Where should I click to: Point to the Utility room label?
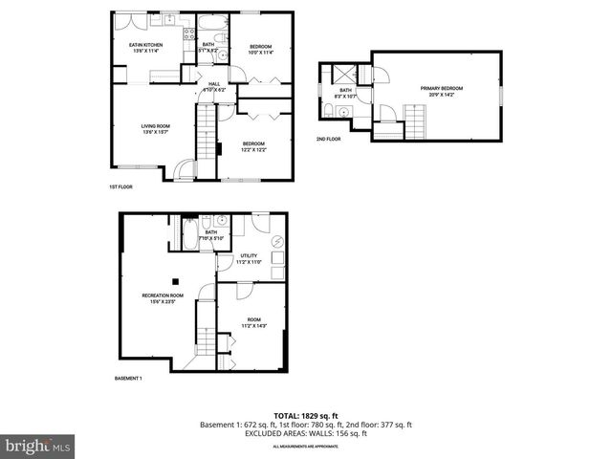pyautogui.click(x=249, y=255)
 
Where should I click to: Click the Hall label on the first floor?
pyautogui.click(x=215, y=84)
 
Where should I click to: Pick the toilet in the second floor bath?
pyautogui.click(x=329, y=112)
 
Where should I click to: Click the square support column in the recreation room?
pyautogui.click(x=175, y=281)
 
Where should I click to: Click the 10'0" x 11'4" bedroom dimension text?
pyautogui.click(x=261, y=53)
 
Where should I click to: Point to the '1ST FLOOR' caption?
pyautogui.click(x=120, y=187)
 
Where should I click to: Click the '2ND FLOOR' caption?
pyautogui.click(x=328, y=140)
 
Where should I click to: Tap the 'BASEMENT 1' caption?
pyautogui.click(x=128, y=379)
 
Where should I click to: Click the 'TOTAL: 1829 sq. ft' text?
pyautogui.click(x=305, y=415)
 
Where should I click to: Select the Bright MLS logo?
pyautogui.click(x=38, y=446)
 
